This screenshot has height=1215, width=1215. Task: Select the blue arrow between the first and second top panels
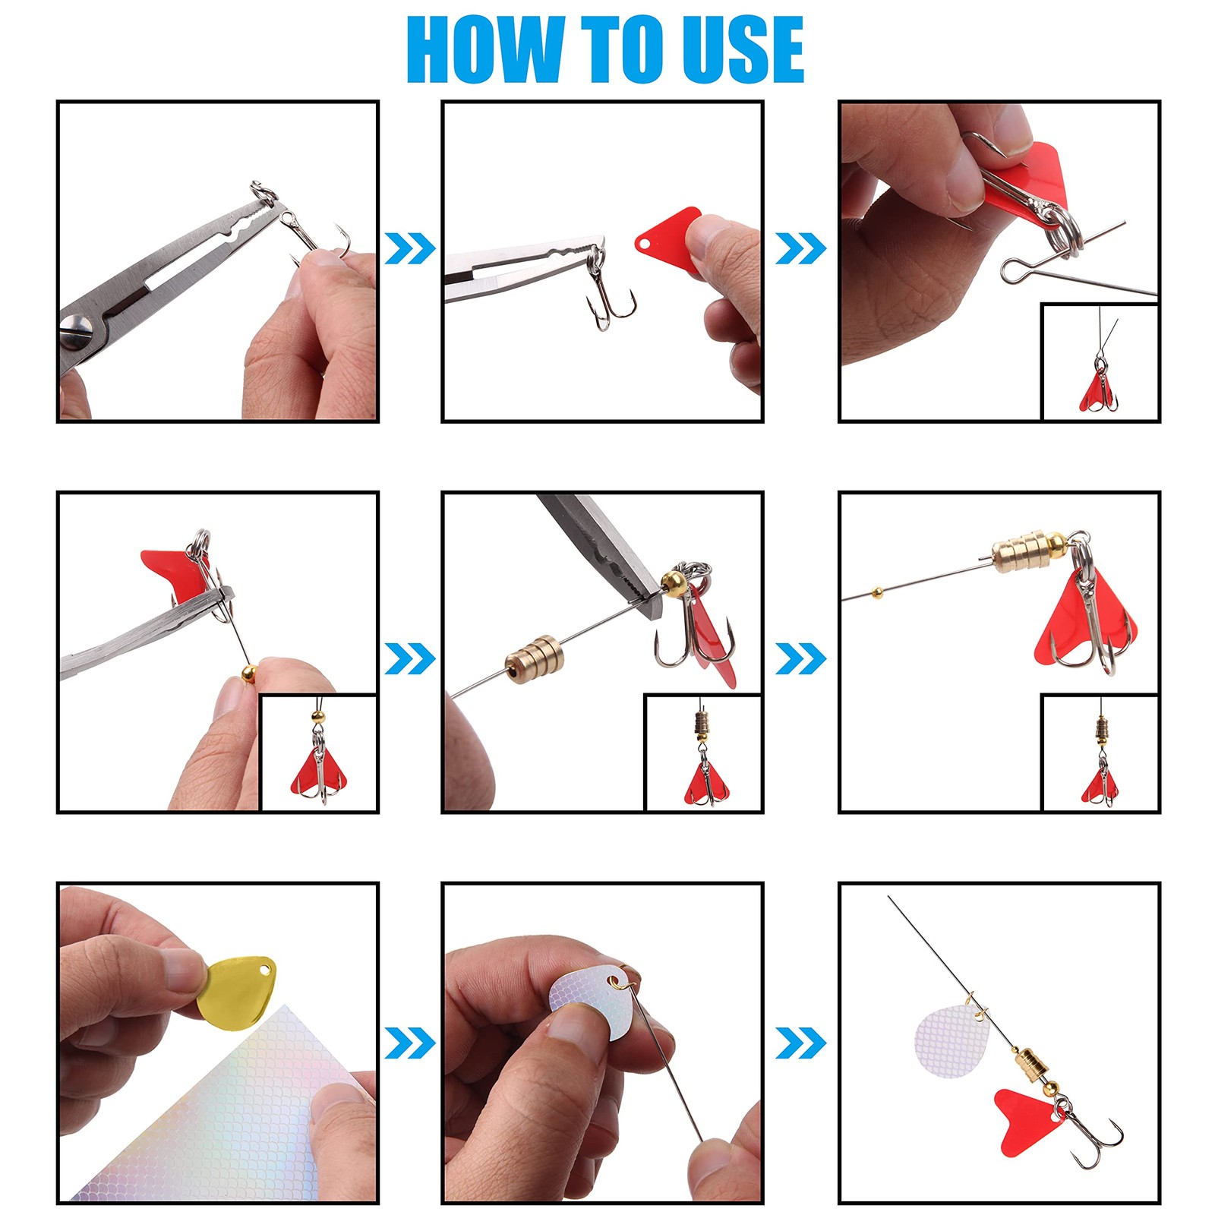coord(409,248)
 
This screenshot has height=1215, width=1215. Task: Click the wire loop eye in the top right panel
coord(1014,270)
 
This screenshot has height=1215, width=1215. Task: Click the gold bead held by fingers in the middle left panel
coord(250,671)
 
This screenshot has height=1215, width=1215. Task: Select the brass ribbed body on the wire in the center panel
coord(535,658)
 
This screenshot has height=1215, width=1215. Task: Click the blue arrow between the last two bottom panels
coord(800,1042)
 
